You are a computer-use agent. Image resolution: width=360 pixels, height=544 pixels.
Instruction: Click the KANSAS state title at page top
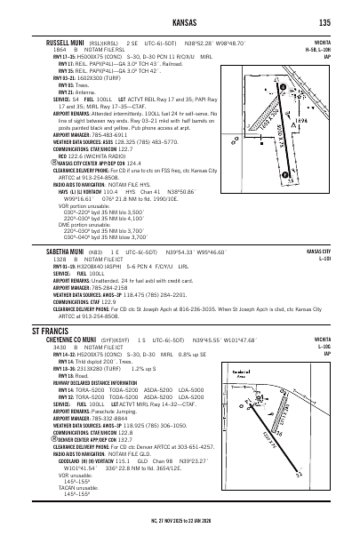pos(180,21)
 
